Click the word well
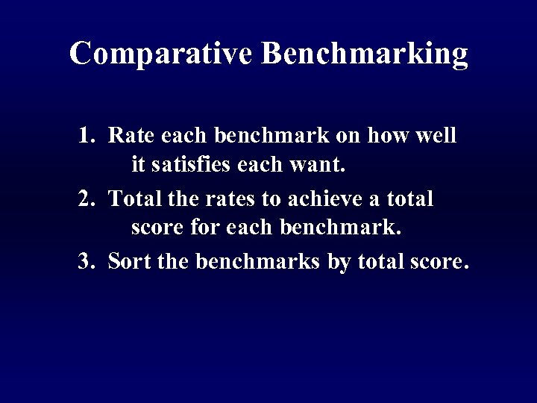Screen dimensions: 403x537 (x=436, y=136)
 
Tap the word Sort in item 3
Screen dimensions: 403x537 (x=127, y=263)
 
